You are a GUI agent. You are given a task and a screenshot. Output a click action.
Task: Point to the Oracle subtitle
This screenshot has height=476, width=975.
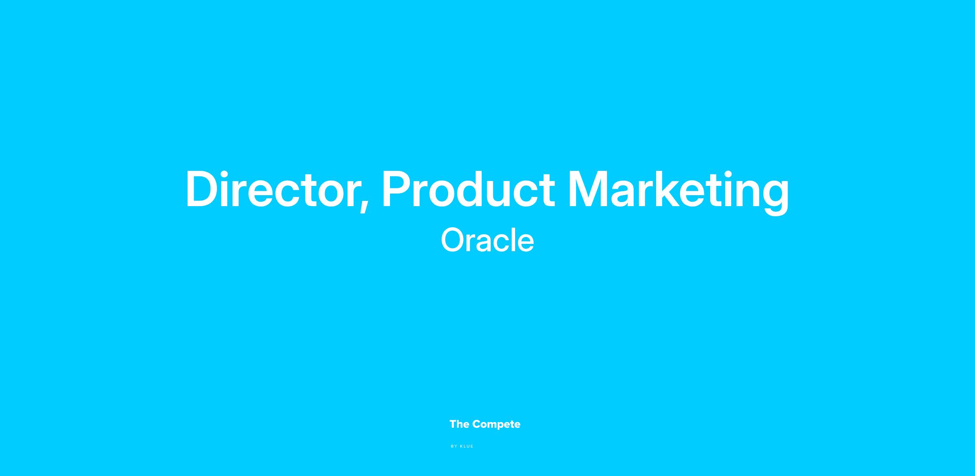point(487,240)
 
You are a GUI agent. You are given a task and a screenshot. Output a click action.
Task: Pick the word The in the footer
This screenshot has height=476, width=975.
point(459,424)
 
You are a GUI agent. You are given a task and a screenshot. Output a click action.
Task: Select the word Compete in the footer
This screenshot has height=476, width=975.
point(496,424)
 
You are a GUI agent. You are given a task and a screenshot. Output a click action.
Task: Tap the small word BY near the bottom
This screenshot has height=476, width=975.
point(454,446)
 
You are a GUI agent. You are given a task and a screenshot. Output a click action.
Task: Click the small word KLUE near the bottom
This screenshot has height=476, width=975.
point(467,446)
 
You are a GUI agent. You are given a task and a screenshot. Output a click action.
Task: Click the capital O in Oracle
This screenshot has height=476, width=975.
point(453,240)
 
